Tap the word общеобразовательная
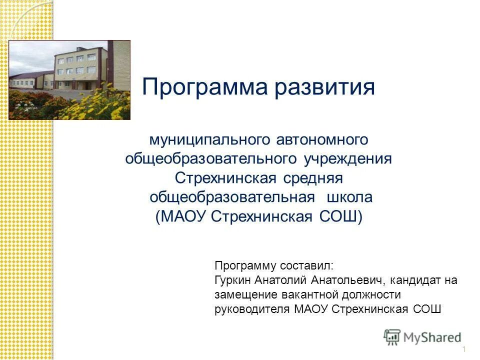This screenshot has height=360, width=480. pyautogui.click(x=232, y=197)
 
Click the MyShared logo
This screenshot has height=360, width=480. pyautogui.click(x=423, y=337)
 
